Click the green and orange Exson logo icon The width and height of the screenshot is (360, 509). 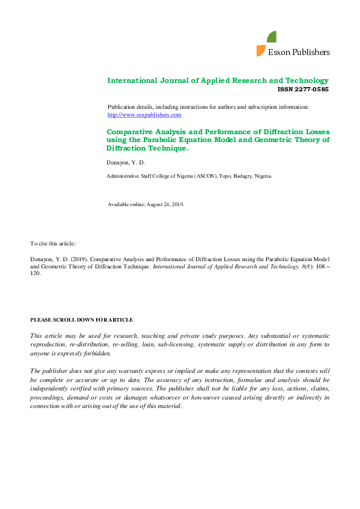tap(266, 44)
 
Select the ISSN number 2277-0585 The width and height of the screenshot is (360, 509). tap(311, 89)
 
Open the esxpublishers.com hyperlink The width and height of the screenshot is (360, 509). tap(144, 114)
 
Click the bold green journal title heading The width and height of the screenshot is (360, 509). tap(218, 80)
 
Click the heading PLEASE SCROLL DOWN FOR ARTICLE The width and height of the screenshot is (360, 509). tap(82, 320)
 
